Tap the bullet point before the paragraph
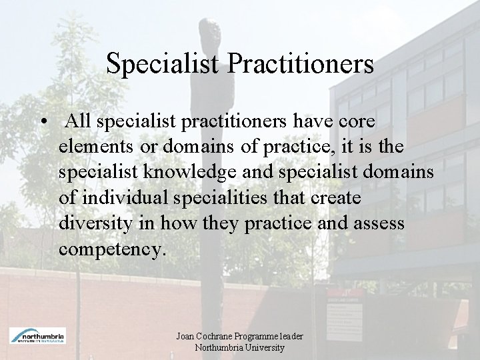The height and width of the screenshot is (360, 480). (43, 123)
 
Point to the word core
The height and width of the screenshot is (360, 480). (355, 122)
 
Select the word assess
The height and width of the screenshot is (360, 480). (379, 223)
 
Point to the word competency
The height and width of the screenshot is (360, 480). (109, 249)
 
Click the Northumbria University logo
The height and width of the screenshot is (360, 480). (37, 335)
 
